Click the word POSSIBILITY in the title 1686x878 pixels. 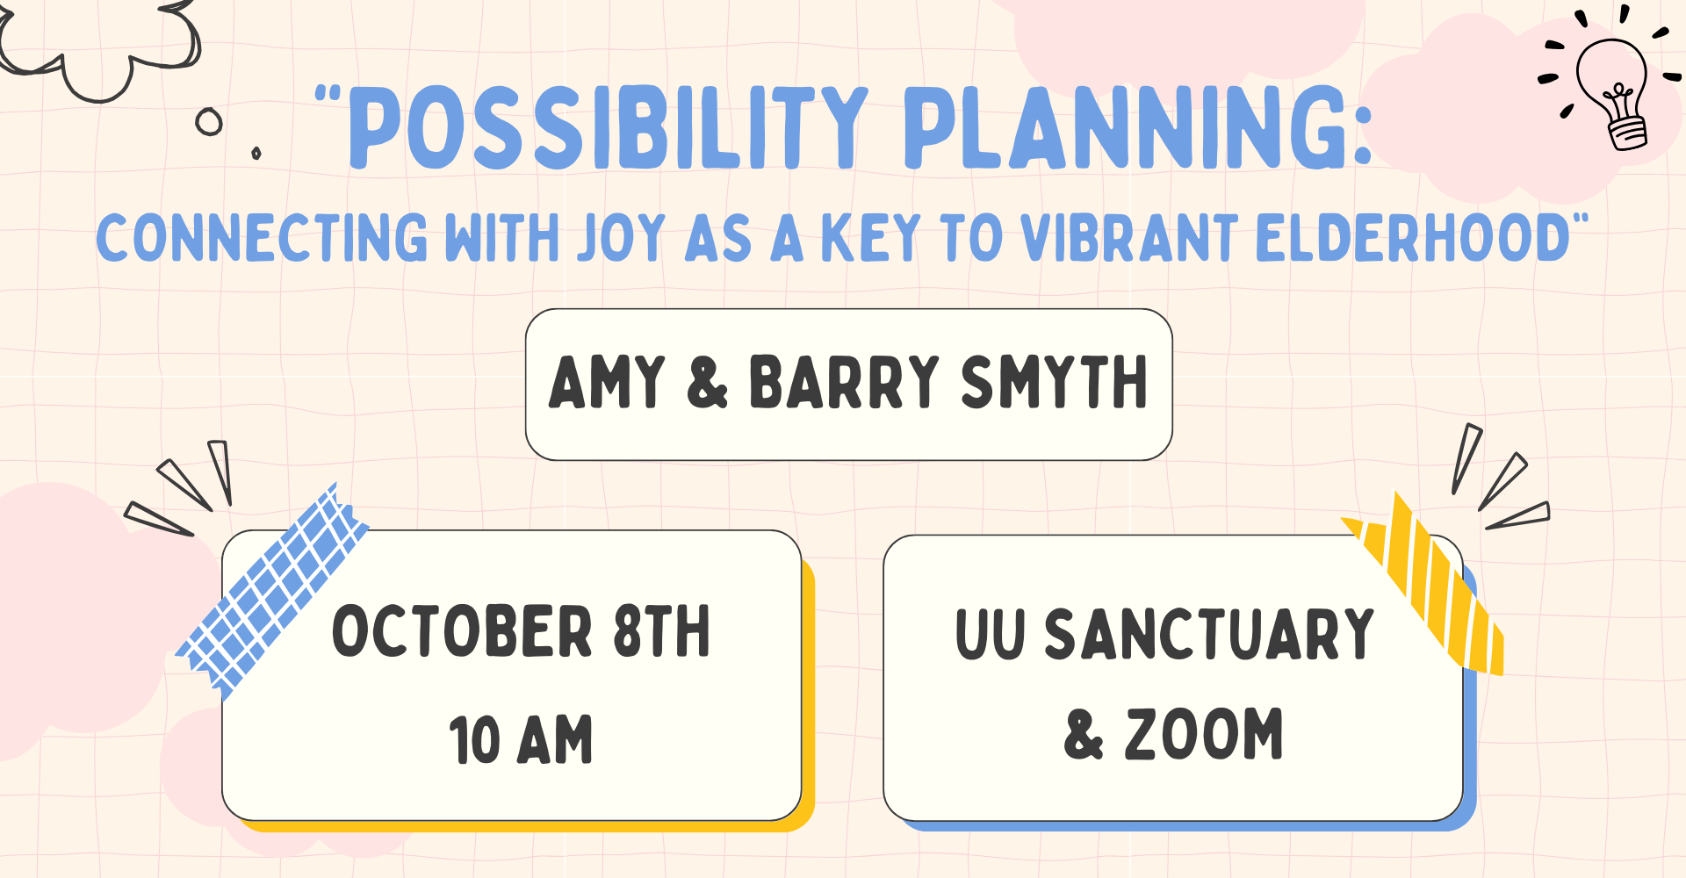coord(608,128)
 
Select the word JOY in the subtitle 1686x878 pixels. coord(621,238)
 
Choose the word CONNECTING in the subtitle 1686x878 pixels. coord(262,238)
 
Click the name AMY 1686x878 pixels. coord(607,382)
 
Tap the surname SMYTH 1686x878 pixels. coord(1054,382)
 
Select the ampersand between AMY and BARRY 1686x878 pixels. coord(707,382)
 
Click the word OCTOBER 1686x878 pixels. coord(463,631)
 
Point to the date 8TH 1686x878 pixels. coord(662,631)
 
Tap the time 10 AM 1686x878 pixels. coord(521,739)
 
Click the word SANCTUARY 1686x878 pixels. coord(1209,634)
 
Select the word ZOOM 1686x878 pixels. coord(1204,734)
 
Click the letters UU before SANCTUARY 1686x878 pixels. coord(990,634)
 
